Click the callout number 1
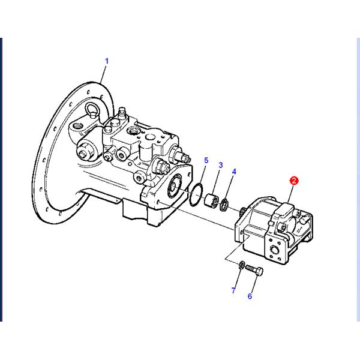[x=107, y=61]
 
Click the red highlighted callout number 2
[x=294, y=180]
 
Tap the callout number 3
[x=220, y=165]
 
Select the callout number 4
[x=234, y=172]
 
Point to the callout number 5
[x=206, y=161]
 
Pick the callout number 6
[x=250, y=296]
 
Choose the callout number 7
[x=234, y=291]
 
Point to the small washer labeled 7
[x=239, y=265]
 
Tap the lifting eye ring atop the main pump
[x=93, y=109]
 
